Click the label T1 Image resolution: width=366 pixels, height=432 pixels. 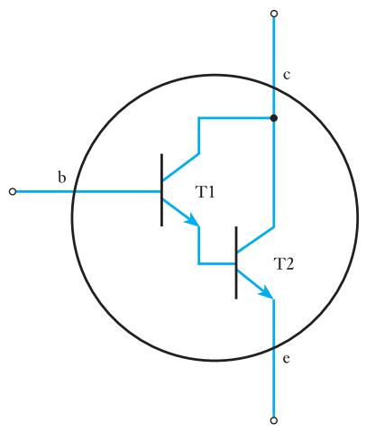pos(206,192)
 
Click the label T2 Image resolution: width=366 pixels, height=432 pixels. pos(284,264)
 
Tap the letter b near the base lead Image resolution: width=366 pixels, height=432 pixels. pos(61,178)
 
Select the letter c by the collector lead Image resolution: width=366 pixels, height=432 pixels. pos(287,75)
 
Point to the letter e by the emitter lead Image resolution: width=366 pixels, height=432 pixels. pos(287,359)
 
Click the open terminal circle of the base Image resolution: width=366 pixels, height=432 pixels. pos(13,191)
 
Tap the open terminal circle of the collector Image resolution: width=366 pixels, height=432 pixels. pos(274,14)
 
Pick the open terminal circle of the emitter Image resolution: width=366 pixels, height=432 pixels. pos(274,420)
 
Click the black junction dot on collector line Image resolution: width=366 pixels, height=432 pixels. pos(274,118)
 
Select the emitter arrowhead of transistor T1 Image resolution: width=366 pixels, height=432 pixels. pos(193,220)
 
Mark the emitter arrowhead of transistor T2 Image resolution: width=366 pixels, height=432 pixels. pos(267,292)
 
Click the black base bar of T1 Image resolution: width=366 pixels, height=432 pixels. pos(162,189)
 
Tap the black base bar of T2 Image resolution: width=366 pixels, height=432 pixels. pos(236,262)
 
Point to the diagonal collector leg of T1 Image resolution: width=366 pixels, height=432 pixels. pos(180,168)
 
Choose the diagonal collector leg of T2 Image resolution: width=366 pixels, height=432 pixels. pos(255,240)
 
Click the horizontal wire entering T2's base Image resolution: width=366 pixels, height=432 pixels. pos(216,263)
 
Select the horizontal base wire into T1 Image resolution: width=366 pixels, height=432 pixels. pos(87,191)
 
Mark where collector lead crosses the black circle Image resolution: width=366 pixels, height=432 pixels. pos(274,88)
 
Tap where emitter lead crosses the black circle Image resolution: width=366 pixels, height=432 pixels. pos(274,347)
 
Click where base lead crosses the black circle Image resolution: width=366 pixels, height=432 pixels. pos(74,191)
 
